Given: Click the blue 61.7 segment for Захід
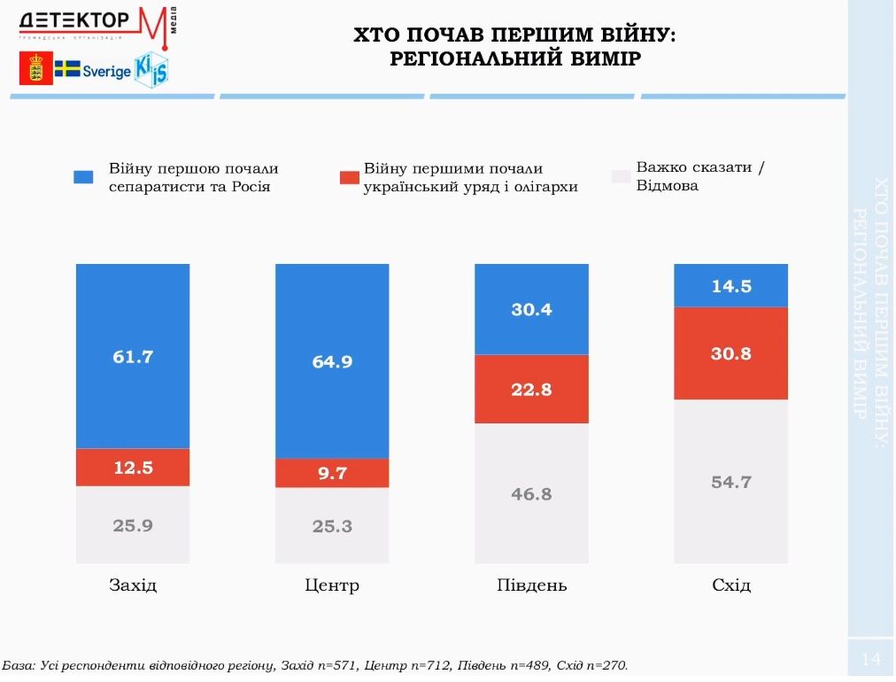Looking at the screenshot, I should point(133,356).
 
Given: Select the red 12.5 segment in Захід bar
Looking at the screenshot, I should point(133,468).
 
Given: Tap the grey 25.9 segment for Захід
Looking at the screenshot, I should point(133,524).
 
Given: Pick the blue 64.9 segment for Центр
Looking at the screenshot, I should point(332,361).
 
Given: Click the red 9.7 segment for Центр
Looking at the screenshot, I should point(332,473).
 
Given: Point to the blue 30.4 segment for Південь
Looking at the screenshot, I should point(531,309).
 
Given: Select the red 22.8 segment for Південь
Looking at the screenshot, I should point(531,389).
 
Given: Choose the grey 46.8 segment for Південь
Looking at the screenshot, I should point(531,493).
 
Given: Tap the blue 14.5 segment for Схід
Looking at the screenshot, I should point(731,285).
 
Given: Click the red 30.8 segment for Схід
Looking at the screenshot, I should point(731,353).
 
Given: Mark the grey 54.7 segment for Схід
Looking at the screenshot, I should point(731,482).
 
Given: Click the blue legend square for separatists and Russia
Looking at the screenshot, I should point(83,177).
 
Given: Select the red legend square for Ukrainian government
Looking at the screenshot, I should point(350,177).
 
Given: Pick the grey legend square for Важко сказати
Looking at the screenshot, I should point(621,177).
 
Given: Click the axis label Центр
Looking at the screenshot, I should point(332,585).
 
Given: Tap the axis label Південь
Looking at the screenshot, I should point(531,585).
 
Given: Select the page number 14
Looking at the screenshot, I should point(870,659).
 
